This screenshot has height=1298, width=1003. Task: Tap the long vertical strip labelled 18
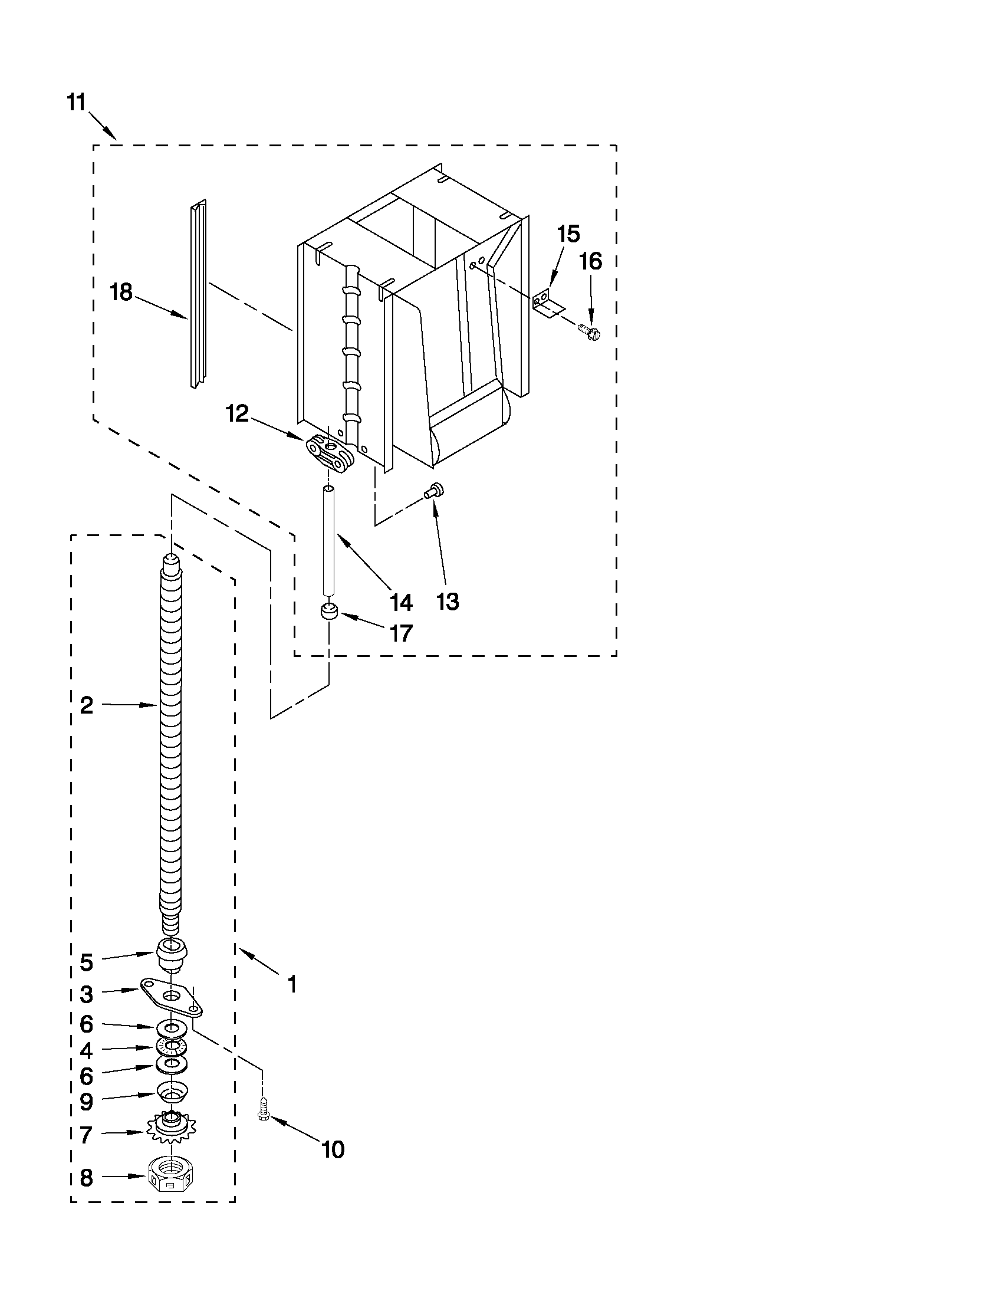coord(198,294)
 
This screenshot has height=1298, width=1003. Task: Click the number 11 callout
coord(76,102)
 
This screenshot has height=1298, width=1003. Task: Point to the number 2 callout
coord(87,705)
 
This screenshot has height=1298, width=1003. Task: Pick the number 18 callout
coord(122,293)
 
